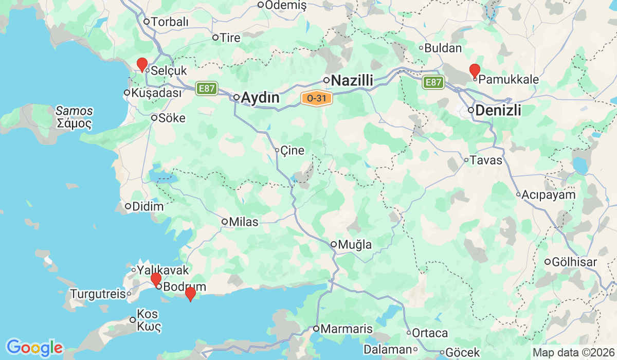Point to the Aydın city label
coord(260,98)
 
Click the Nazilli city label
coord(352,81)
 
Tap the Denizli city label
coord(498,110)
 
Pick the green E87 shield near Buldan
coord(433,82)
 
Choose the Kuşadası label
coord(157,93)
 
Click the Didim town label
coord(148,207)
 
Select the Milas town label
coord(244,222)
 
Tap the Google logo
coord(34,348)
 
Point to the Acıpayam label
coord(548,195)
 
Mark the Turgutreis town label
coord(98,294)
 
